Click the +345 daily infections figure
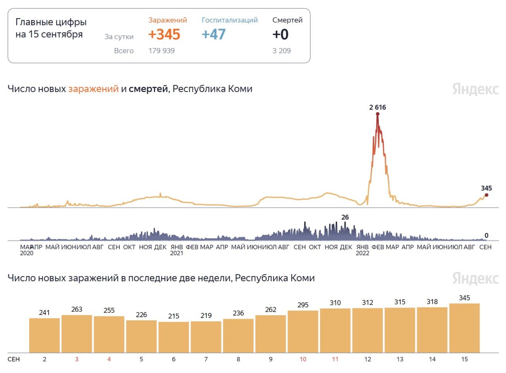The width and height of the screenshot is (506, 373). tap(164, 35)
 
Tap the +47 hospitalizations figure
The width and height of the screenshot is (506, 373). tap(213, 35)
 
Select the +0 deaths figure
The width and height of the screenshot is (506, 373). tap(280, 35)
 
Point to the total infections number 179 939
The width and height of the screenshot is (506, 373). tap(162, 51)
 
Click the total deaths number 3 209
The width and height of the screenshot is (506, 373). tap(281, 51)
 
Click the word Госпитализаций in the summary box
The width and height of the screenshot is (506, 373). tap(230, 20)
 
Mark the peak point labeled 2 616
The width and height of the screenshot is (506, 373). tap(378, 114)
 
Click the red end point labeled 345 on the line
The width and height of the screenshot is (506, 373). tap(486, 195)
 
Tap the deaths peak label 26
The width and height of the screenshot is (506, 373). tap(345, 217)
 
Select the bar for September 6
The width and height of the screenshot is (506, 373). tap(174, 337)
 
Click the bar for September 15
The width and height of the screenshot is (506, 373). tap(464, 328)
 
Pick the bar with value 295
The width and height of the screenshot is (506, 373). tap(303, 331)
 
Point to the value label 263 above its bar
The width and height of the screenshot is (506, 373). tap(77, 309)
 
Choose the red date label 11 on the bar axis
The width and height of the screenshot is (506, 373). tap(335, 359)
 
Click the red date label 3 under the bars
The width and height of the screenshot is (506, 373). tap(77, 359)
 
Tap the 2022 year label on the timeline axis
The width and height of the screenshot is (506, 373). tap(363, 253)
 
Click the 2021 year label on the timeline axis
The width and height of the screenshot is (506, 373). tap(176, 253)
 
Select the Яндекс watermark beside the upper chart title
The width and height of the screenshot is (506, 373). tap(475, 89)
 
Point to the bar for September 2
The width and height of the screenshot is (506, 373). tap(44, 335)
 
